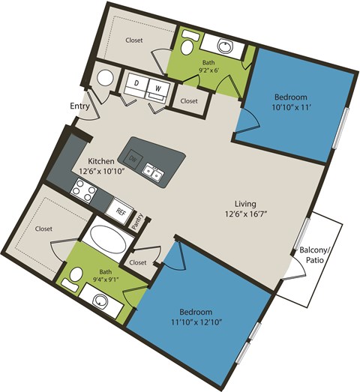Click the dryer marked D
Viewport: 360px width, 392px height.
click(x=139, y=83)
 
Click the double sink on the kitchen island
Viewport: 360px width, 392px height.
click(x=154, y=173)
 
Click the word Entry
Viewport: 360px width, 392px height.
click(x=80, y=106)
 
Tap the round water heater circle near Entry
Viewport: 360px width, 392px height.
click(x=106, y=77)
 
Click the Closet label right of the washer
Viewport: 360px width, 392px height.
click(x=188, y=100)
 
